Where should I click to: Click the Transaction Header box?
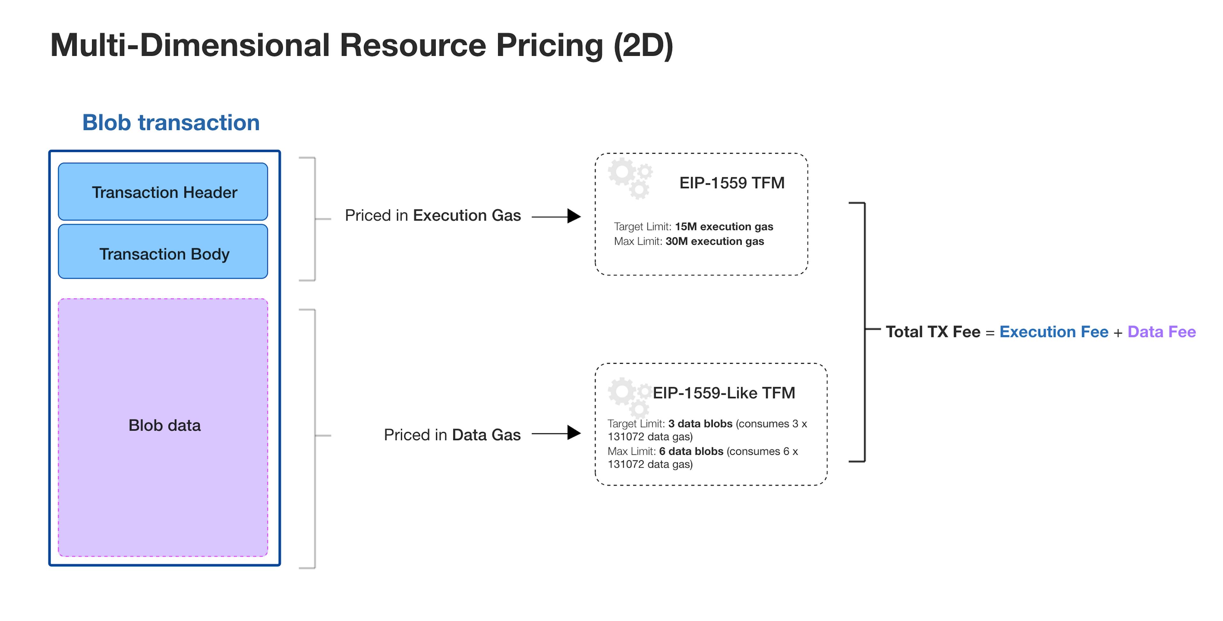coord(163,192)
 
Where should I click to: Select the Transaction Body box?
coord(163,251)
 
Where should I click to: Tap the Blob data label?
coord(164,425)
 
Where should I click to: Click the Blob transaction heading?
coord(171,123)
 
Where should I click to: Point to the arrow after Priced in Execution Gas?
coord(556,216)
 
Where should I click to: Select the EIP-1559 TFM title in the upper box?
coord(732,183)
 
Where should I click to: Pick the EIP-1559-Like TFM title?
coord(724,393)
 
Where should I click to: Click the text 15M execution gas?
coord(724,227)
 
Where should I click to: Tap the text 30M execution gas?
coord(714,242)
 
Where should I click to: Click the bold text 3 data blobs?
coord(700,424)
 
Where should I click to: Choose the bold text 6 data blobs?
coord(691,451)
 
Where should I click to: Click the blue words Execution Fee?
coord(1054,332)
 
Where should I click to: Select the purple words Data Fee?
coord(1162,332)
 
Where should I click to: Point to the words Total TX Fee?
coord(933,332)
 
